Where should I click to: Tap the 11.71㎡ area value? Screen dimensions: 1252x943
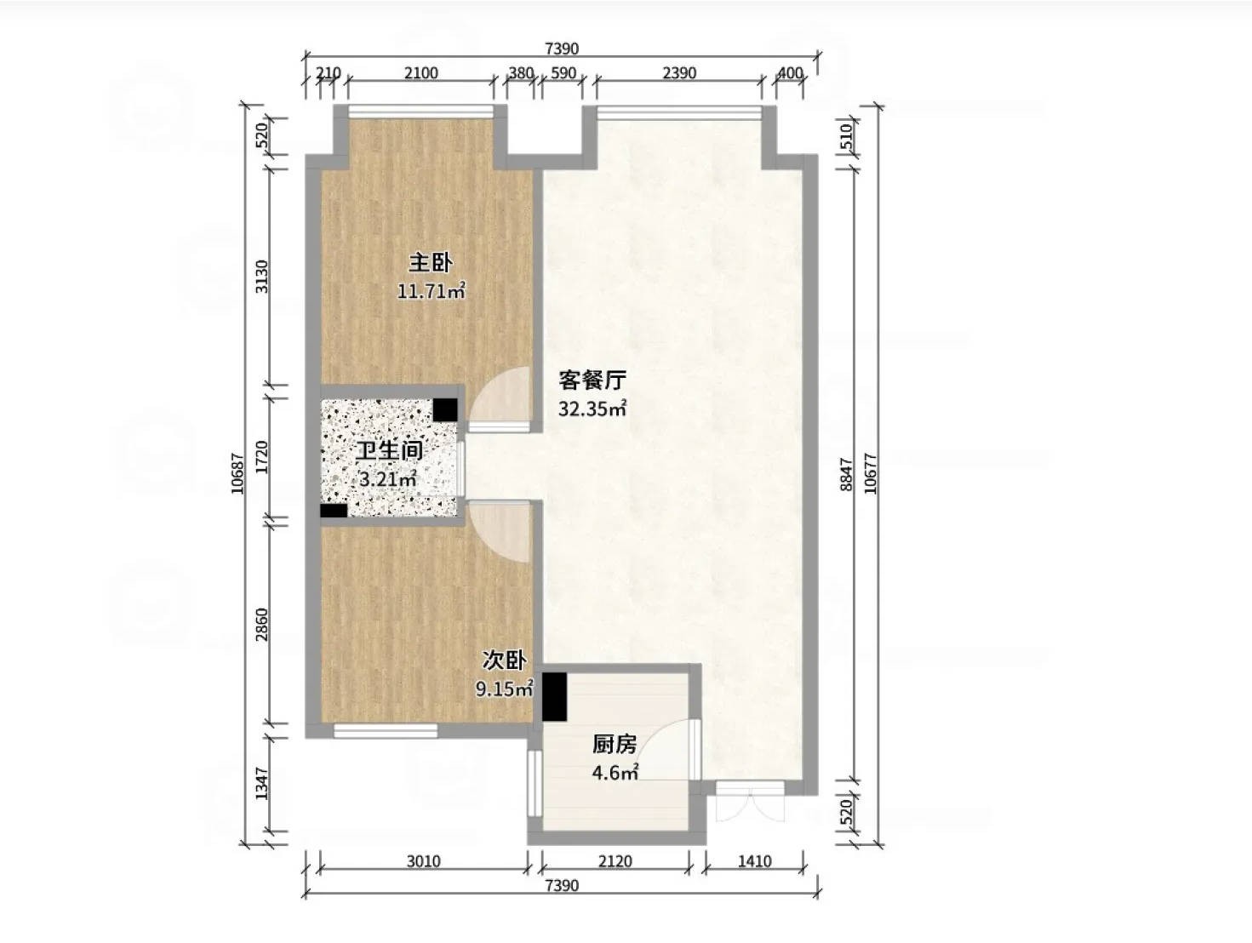432,292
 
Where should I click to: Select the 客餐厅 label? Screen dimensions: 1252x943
592,380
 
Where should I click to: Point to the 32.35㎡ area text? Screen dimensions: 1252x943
592,409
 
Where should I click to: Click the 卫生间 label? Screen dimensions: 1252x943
390,452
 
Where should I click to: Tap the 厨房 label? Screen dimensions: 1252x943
615,745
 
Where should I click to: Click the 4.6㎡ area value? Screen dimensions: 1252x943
615,773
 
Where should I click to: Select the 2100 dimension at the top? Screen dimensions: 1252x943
421,73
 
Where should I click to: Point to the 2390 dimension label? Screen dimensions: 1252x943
679,73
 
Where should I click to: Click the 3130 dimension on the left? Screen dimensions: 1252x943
261,277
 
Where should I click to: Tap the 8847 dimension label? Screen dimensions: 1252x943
847,474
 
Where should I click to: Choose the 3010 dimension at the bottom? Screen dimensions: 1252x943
423,861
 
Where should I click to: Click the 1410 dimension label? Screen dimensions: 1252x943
755,861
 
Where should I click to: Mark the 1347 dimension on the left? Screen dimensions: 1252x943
261,784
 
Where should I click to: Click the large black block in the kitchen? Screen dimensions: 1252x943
554,697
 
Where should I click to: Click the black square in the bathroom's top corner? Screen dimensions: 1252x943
445,409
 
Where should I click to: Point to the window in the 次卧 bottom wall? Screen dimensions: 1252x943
386,731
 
